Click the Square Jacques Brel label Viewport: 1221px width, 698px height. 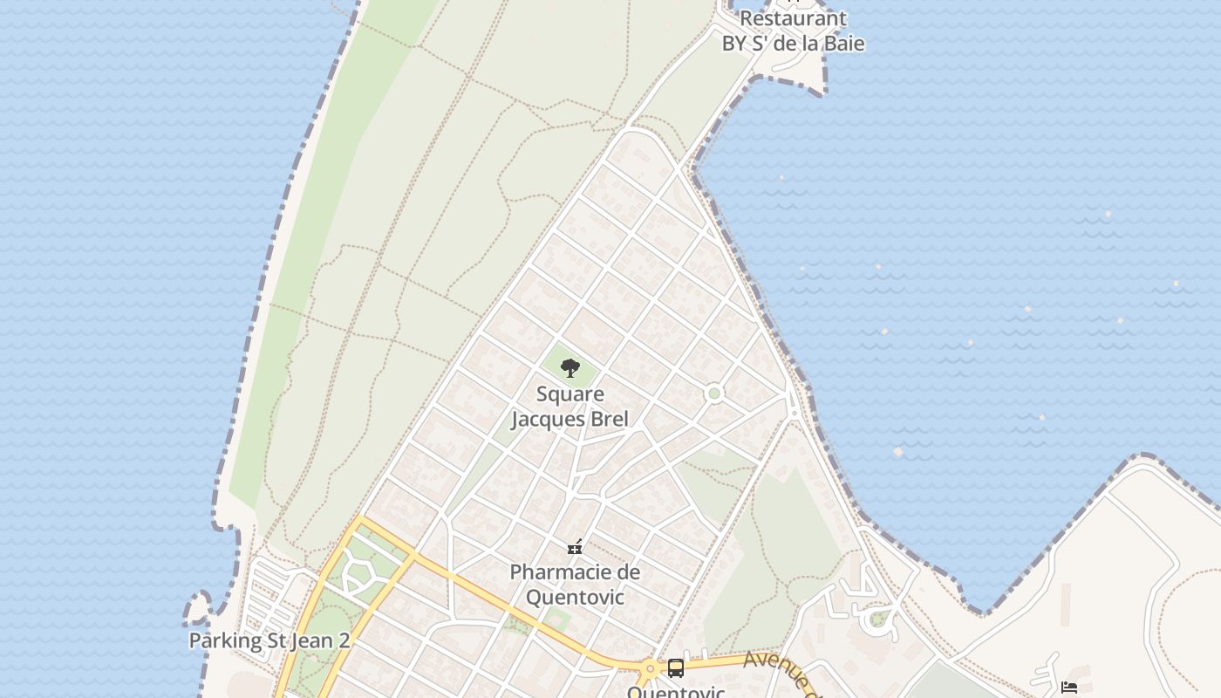tap(570, 407)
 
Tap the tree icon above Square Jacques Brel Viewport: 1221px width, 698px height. tap(570, 368)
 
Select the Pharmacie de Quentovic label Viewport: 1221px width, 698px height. tap(575, 585)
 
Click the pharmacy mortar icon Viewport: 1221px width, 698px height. tap(575, 548)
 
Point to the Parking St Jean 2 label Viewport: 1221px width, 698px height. tap(269, 640)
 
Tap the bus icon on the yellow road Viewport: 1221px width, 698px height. tap(675, 668)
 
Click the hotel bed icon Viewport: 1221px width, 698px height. tap(1068, 688)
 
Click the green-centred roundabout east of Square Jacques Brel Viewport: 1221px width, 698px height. tap(714, 393)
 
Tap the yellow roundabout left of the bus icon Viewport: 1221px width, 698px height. tap(650, 670)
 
